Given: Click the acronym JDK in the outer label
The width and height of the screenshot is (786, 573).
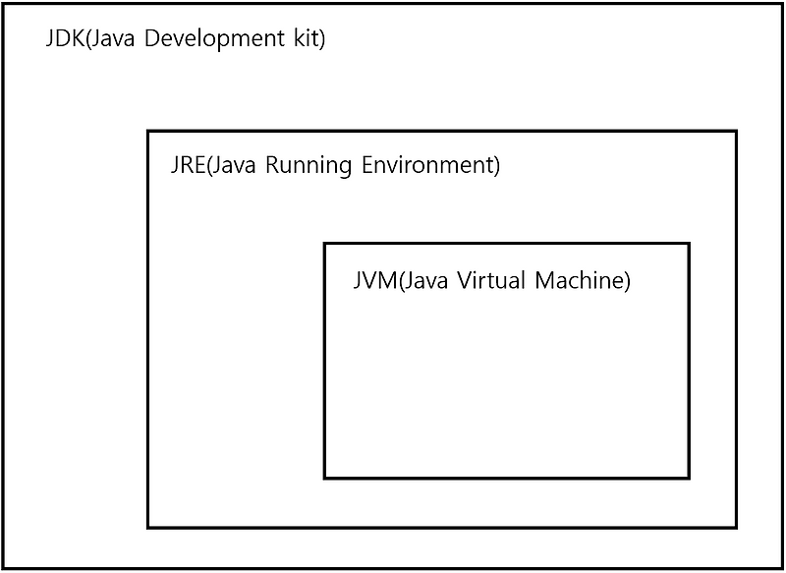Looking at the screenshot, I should click(x=65, y=41).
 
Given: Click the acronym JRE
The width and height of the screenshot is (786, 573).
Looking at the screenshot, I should click(x=187, y=164).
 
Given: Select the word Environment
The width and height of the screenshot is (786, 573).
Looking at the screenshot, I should click(x=430, y=164).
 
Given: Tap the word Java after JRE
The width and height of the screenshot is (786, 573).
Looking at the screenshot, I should click(x=236, y=164).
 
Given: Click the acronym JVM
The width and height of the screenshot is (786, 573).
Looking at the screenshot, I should click(x=373, y=280).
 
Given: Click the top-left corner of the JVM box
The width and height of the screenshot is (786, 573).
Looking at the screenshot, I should click(x=325, y=244).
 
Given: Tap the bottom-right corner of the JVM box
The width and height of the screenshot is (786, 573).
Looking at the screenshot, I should click(x=688, y=478).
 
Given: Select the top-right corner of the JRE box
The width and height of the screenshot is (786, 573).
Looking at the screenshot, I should click(x=735, y=132).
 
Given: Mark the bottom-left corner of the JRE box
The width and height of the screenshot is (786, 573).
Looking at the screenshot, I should click(x=148, y=527).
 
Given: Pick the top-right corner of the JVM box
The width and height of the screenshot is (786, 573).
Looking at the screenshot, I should click(x=688, y=244).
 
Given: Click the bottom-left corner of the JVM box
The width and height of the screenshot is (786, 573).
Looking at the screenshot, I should click(x=325, y=478).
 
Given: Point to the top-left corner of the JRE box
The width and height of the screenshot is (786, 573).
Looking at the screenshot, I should click(x=148, y=132).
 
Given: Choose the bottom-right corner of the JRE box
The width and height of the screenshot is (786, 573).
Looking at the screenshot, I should click(x=735, y=527).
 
